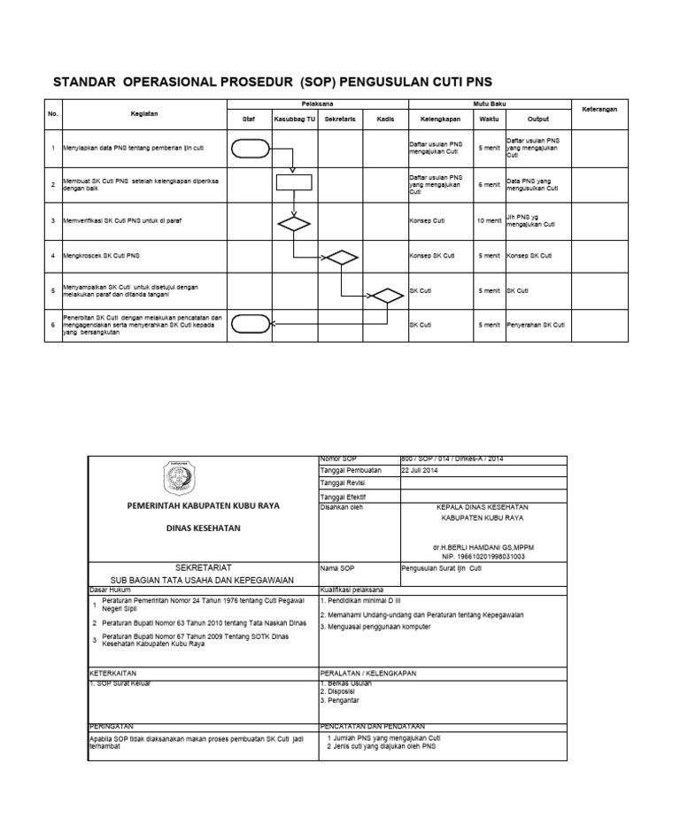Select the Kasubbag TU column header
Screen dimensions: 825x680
[x=294, y=118]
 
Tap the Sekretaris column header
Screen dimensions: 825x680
[x=339, y=118]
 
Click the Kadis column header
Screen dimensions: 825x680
[x=384, y=118]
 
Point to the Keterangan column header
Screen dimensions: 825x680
[x=604, y=109]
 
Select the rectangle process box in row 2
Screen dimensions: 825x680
[x=294, y=183]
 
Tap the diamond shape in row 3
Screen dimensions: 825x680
[x=294, y=222]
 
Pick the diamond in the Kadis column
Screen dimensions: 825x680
[x=386, y=297]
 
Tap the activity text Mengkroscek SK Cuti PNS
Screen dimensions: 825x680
[x=102, y=256]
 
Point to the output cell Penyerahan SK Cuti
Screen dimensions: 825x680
[x=536, y=325]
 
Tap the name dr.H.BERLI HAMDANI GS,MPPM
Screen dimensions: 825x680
[x=483, y=547]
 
